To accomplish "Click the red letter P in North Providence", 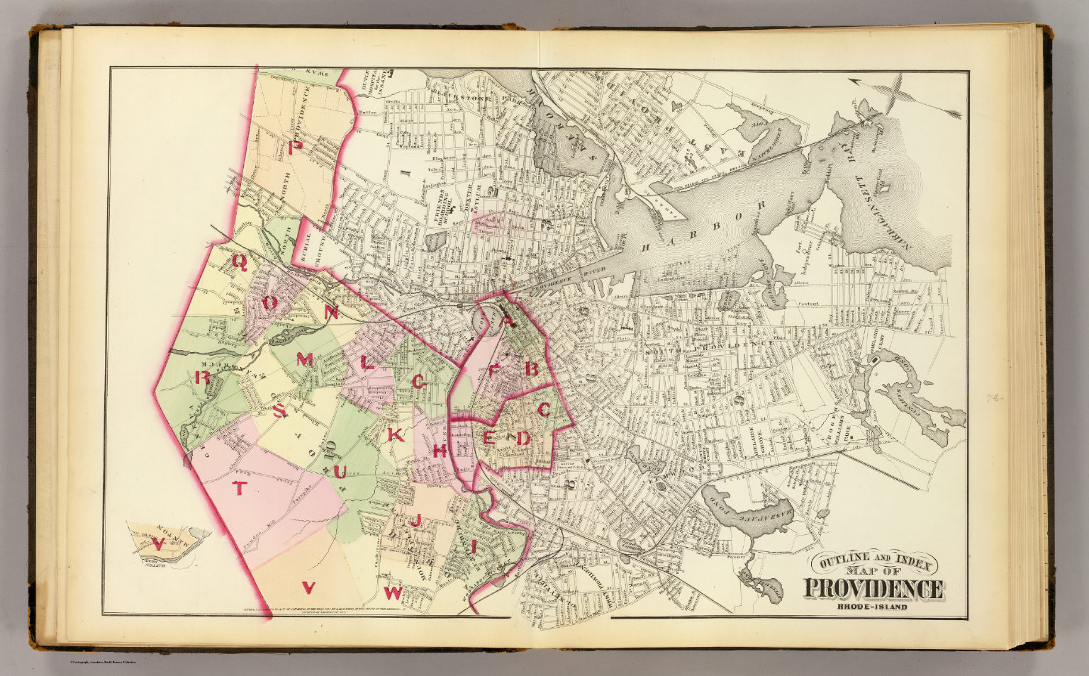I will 298,147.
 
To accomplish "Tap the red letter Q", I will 239,263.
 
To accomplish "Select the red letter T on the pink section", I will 240,488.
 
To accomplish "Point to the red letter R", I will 201,378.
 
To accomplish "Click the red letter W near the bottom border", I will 393,592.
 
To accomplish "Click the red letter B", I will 530,368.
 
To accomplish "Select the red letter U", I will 340,471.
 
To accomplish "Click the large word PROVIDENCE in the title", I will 873,589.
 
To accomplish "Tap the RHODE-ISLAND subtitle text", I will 873,607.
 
